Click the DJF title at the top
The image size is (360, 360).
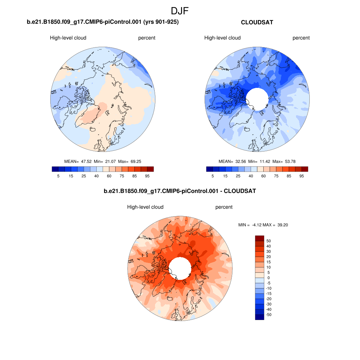click(180, 11)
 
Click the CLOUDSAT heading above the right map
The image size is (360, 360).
click(257, 22)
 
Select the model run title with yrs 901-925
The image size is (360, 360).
click(103, 22)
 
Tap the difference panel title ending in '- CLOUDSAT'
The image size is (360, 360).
click(180, 191)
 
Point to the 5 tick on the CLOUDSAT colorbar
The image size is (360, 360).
click(213, 176)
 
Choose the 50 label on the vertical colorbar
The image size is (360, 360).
click(269, 241)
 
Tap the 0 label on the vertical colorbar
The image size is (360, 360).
click(269, 278)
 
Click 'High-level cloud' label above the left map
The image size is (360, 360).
click(68, 38)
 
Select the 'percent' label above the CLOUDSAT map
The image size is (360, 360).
click(301, 38)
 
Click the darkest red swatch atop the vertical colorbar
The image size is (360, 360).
click(259, 238)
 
